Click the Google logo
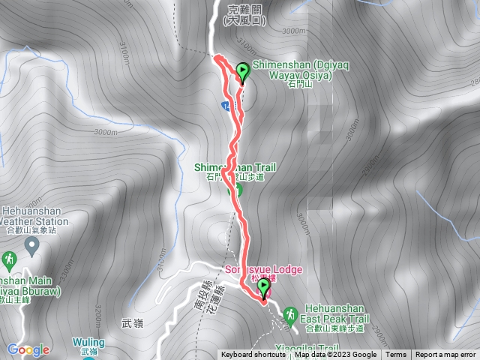28,349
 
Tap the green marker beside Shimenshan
243,73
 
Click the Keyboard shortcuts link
253,355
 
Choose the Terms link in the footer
396,355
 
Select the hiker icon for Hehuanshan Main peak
9,259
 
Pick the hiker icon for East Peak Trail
292,310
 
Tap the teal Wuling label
88,342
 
